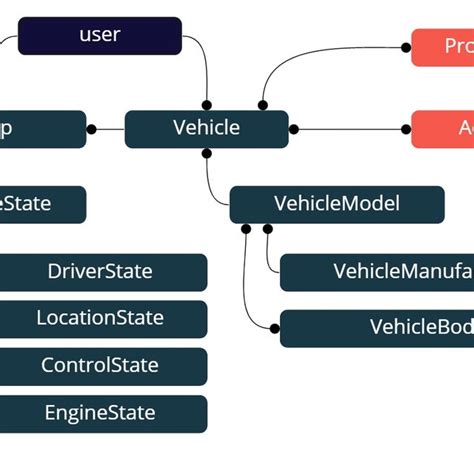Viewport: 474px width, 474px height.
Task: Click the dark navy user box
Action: click(x=100, y=35)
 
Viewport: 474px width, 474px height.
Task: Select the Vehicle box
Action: click(x=206, y=128)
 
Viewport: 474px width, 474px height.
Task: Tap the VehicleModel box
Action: click(x=336, y=204)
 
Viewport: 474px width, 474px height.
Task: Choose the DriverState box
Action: click(x=100, y=271)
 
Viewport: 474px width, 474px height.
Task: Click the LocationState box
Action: click(x=100, y=318)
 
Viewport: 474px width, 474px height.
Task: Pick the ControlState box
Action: click(x=100, y=365)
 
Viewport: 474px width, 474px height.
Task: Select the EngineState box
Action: click(x=100, y=412)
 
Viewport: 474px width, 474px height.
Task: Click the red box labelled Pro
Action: click(x=442, y=47)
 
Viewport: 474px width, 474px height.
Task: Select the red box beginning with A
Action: click(x=442, y=129)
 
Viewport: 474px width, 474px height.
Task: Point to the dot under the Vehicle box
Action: click(x=207, y=153)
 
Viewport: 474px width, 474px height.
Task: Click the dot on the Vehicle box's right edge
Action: click(x=294, y=129)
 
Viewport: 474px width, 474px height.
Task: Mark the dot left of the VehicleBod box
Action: click(x=274, y=327)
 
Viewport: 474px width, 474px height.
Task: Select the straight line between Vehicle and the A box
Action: click(x=350, y=129)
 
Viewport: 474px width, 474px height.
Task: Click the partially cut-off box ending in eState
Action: click(x=40, y=204)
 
